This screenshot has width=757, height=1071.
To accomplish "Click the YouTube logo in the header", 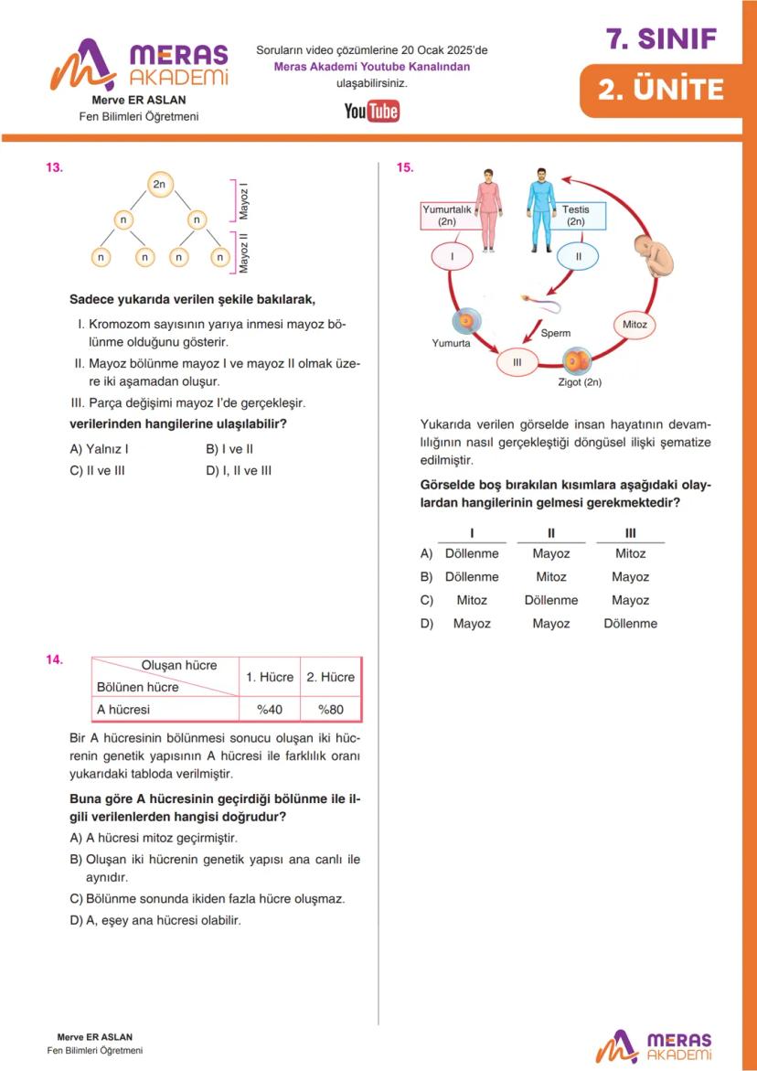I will coord(371,112).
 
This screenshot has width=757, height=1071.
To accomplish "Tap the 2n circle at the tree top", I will coord(159,185).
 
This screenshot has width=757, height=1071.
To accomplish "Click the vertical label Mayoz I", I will coord(244,202).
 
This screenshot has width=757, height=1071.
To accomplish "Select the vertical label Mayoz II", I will coord(244,252).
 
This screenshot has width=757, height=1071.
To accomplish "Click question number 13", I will coord(55,167).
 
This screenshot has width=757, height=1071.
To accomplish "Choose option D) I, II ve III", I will coord(239,471).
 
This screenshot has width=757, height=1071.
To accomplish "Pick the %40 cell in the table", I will coord(269,709).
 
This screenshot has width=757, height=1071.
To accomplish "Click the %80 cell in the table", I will coord(330,709).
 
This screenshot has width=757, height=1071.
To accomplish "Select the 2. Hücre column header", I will coord(330,677).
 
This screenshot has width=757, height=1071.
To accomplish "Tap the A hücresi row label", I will coord(123,709).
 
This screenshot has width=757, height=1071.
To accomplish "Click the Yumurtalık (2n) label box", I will coord(447,215).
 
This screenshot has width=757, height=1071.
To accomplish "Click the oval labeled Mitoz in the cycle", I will coord(634,325).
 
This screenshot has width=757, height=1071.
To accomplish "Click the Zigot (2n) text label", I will coord(580,382).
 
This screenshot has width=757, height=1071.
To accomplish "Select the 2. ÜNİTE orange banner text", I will coord(660,90).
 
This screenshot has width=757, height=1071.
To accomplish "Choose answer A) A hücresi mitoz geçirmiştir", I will coord(154,838).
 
